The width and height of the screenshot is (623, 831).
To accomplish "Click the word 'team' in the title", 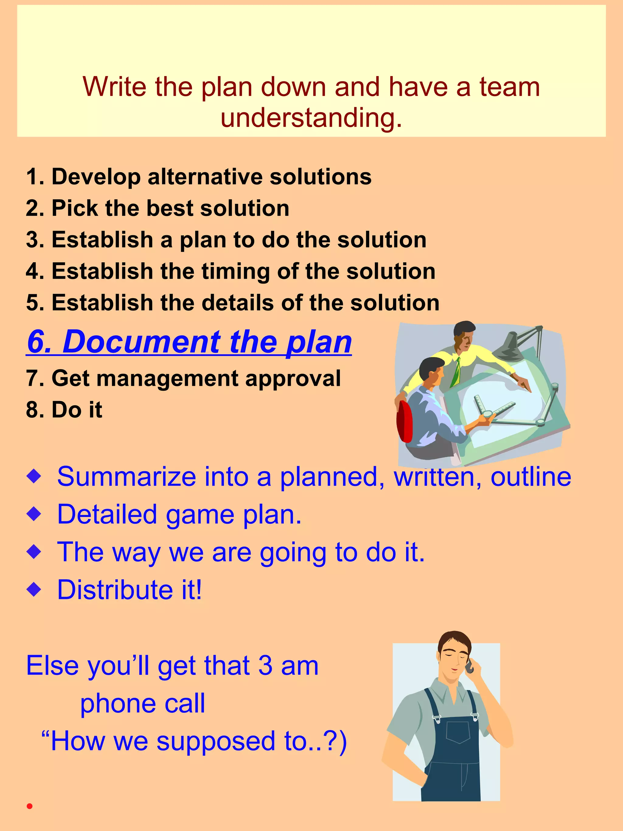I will coord(509,87).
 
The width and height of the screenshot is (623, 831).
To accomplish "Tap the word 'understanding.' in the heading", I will coord(311,118).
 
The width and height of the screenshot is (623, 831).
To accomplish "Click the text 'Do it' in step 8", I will coord(77,410).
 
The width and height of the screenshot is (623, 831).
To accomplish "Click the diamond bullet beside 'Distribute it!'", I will coord(34,589).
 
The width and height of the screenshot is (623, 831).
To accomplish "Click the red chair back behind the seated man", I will coord(405,421).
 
